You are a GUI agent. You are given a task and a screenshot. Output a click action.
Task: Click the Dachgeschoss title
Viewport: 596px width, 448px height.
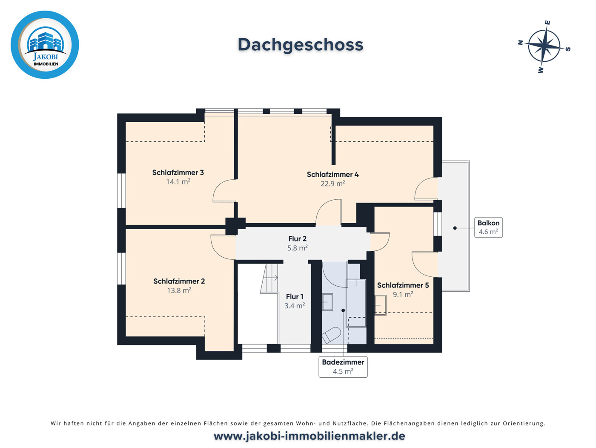tap(300, 45)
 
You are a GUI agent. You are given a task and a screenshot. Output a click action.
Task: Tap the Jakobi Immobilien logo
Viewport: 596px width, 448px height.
tap(45, 45)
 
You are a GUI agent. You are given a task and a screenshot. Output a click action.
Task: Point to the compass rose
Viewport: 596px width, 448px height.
tap(544, 46)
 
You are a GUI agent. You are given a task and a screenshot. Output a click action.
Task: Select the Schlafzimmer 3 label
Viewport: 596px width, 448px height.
tap(178, 172)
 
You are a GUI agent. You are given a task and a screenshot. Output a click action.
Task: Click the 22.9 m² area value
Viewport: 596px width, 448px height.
tap(332, 184)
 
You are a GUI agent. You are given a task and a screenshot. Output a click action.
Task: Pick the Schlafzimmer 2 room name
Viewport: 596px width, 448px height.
tap(179, 281)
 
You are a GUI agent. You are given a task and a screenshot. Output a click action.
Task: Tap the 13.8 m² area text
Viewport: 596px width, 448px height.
tap(179, 290)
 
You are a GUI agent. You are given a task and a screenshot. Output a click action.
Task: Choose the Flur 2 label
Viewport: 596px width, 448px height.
tap(297, 239)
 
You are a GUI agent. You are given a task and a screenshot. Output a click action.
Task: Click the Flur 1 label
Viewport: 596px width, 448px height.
tap(295, 296)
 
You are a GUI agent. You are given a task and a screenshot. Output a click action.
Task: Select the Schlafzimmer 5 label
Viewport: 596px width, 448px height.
tap(403, 285)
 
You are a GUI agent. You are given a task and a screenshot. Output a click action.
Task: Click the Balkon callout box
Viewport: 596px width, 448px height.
tap(488, 227)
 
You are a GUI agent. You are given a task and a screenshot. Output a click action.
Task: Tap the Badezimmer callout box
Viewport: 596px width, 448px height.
tap(343, 367)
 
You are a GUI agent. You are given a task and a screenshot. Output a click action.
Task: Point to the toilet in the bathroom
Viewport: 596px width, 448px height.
tap(331, 335)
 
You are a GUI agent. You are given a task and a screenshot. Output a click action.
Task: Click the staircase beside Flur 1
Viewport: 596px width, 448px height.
tap(269, 279)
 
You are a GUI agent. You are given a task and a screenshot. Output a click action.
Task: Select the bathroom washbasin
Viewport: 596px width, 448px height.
tap(327, 302)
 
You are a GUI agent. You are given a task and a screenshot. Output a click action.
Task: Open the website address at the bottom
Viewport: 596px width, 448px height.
tap(309, 436)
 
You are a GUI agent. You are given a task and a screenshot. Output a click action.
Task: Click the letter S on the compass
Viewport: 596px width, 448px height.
tap(568, 49)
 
